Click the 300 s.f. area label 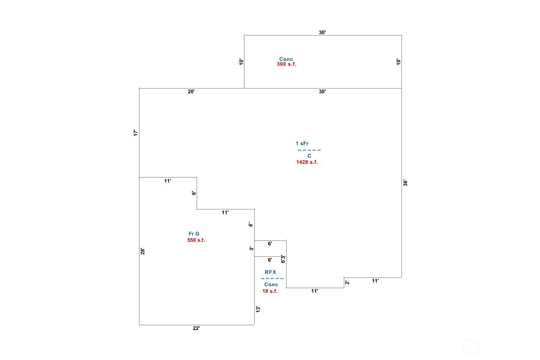point(286,64)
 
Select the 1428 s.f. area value point(307,162)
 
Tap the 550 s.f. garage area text point(196,240)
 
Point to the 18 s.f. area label point(270,291)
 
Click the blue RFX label point(270,272)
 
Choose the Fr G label point(194,234)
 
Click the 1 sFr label point(302,144)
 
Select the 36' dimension point(405,183)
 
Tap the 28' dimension point(143,251)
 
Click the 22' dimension point(196,328)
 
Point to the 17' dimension point(136,133)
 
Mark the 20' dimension point(191,92)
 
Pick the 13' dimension point(258,309)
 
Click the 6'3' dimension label point(283,259)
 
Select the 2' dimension point(347,282)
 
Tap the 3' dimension point(251,249)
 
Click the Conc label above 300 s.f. point(286,59)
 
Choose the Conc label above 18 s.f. point(271,285)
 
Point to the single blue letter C point(309,156)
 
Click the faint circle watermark point(470,348)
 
